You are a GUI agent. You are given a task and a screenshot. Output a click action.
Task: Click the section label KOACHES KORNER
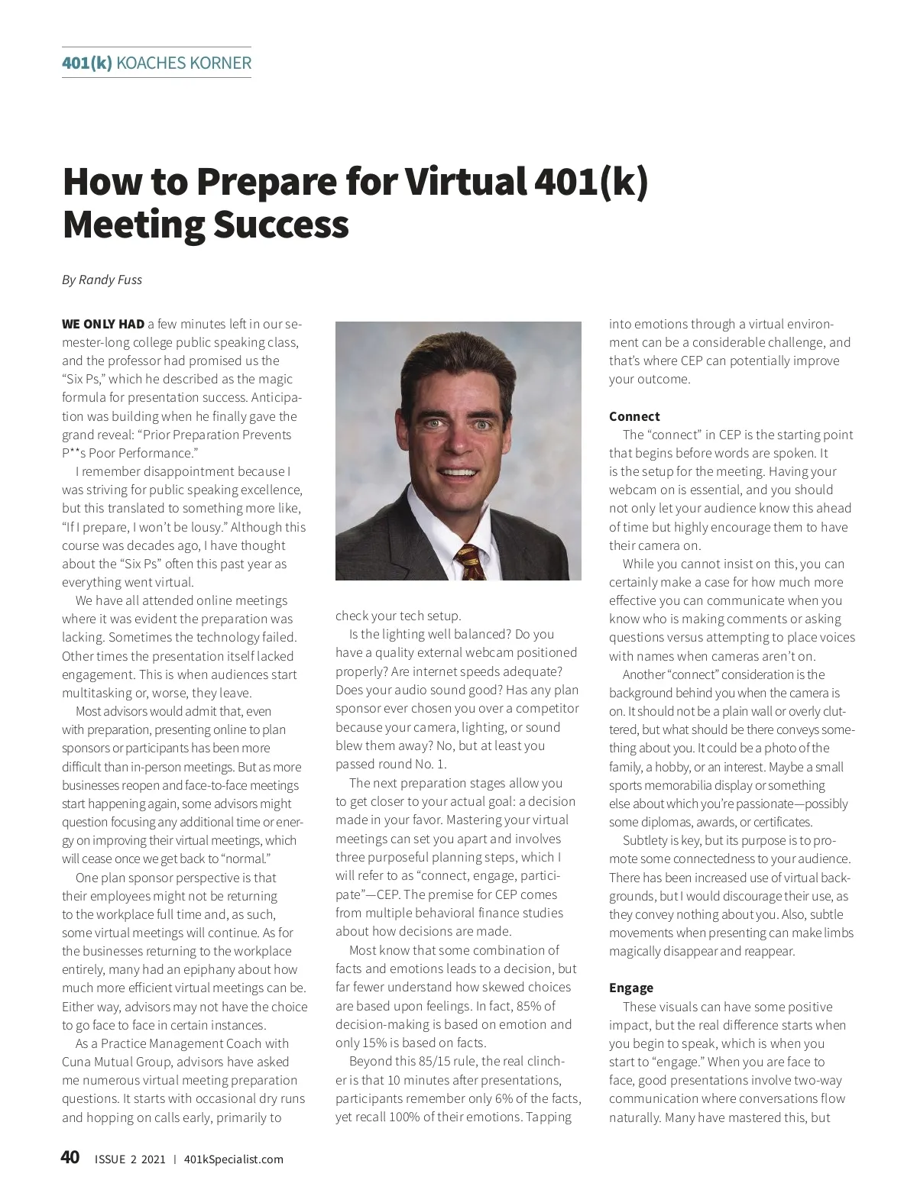183,63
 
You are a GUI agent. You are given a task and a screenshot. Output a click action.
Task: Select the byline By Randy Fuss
102,280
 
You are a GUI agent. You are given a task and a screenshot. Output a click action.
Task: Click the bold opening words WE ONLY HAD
103,324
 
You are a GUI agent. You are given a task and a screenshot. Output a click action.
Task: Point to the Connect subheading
634,416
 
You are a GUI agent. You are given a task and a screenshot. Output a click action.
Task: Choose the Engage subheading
630,988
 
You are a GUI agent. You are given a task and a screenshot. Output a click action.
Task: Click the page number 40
70,1158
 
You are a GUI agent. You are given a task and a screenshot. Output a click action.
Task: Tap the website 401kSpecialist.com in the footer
234,1159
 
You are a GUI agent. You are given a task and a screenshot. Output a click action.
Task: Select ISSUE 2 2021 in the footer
129,1159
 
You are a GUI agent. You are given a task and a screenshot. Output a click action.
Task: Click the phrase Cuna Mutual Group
111,1062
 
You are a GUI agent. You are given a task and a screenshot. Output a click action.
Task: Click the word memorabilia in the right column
685,785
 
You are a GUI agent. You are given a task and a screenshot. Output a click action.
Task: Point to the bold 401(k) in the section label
87,63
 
